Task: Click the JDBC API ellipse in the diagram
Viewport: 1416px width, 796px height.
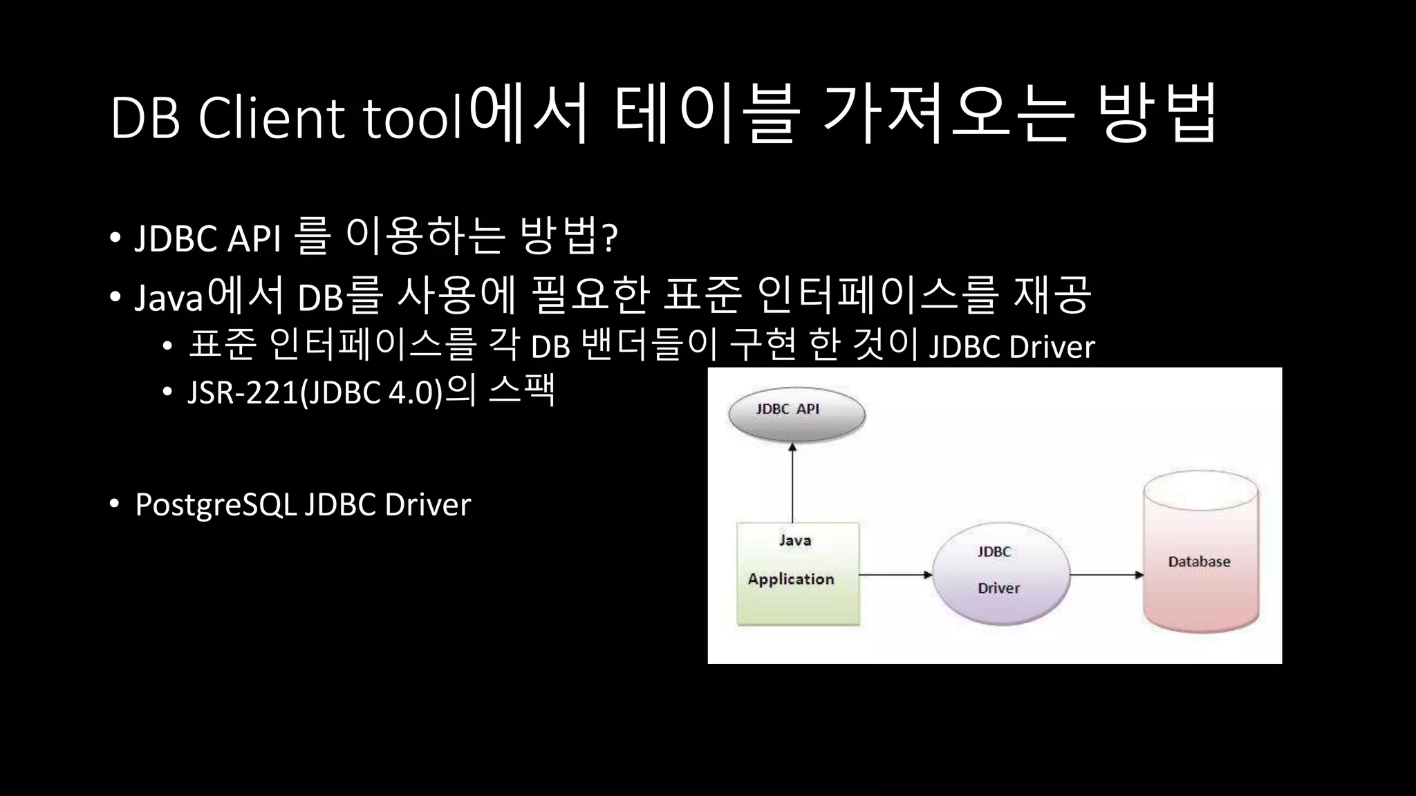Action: (796, 415)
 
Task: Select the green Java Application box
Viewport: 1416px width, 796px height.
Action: (798, 574)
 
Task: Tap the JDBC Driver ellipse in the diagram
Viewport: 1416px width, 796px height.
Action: (1000, 574)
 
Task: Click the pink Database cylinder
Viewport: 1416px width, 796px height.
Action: (1200, 553)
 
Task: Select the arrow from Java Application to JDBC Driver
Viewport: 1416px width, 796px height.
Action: (895, 574)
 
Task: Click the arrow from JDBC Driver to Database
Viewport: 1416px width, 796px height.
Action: (1106, 574)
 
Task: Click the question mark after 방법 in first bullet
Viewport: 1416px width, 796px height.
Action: (610, 238)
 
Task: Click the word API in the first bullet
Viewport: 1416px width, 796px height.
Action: (254, 239)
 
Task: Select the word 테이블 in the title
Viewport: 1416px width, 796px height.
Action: (706, 114)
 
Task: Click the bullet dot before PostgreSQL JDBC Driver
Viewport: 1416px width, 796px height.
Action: (115, 504)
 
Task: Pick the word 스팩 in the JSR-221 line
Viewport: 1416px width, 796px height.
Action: (522, 390)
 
